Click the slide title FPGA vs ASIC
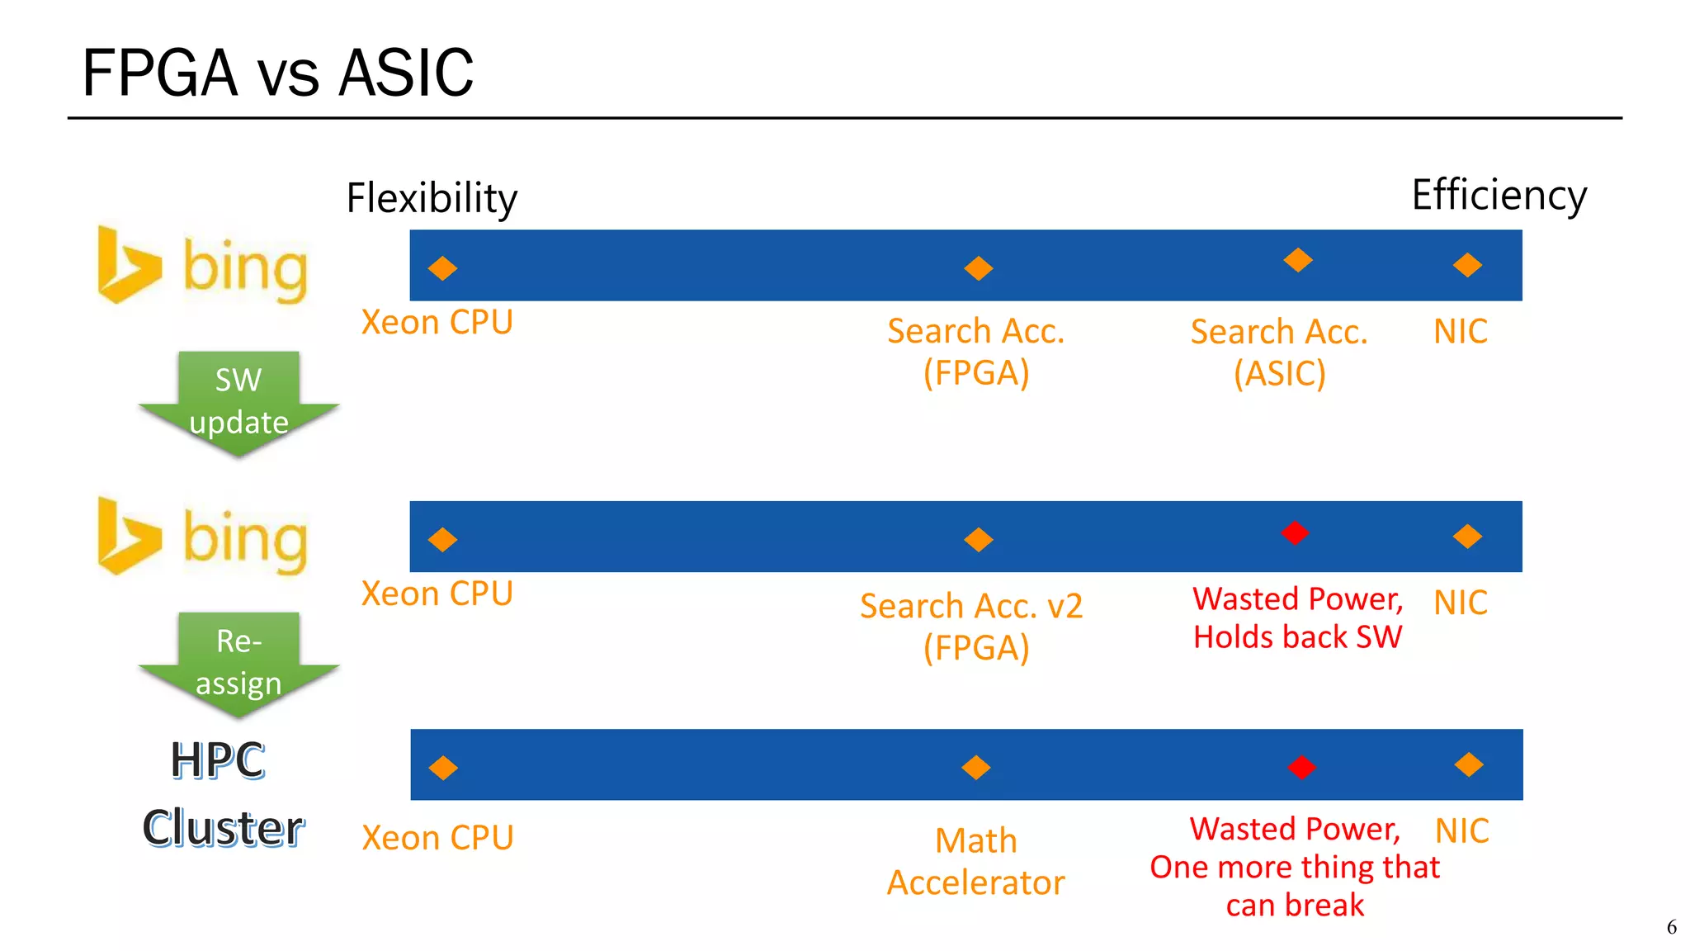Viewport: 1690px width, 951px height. coord(277,73)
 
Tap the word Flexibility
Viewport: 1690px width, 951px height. coord(431,198)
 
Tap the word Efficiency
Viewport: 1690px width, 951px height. coord(1499,196)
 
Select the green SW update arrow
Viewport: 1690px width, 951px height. coord(238,402)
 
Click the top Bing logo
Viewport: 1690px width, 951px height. coord(203,267)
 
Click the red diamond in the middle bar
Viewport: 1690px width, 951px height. coord(1295,532)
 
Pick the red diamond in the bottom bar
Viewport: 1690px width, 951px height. coord(1301,767)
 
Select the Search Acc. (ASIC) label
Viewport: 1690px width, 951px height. coord(1279,352)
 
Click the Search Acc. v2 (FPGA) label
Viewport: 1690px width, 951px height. coord(972,627)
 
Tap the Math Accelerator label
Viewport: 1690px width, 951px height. coord(975,861)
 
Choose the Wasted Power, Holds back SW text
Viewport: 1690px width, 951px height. coord(1297,617)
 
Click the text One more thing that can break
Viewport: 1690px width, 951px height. coord(1294,886)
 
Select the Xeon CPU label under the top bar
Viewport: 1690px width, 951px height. coord(437,322)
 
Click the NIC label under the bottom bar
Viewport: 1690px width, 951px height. coord(1461,830)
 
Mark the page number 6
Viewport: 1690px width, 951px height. coord(1671,927)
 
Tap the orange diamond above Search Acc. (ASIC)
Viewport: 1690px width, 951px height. coord(1298,260)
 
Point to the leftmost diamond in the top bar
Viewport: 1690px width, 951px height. coord(442,267)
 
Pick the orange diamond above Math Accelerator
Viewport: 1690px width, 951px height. coord(976,767)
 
